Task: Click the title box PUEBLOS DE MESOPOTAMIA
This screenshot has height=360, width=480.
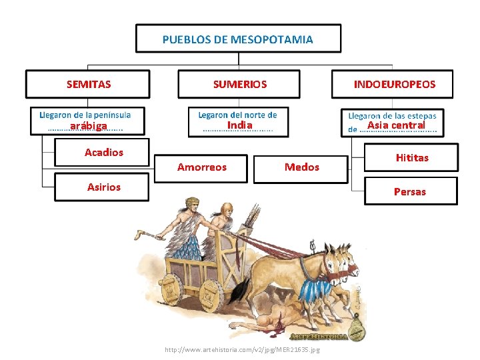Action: click(238, 39)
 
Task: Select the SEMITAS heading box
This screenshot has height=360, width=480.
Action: click(89, 84)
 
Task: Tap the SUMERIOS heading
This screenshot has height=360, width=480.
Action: click(239, 84)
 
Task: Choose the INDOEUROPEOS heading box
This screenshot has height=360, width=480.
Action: click(394, 84)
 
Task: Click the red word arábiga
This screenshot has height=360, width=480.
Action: click(89, 126)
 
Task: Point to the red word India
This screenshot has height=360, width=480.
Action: click(239, 125)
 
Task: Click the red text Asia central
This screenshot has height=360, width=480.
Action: click(396, 125)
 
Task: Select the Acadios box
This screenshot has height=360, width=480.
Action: click(104, 153)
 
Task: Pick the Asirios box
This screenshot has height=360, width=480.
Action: click(104, 187)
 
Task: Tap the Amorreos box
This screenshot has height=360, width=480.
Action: click(202, 167)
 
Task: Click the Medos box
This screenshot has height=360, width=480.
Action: click(301, 167)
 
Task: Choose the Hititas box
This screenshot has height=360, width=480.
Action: click(412, 158)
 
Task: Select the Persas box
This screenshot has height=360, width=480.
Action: click(409, 191)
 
